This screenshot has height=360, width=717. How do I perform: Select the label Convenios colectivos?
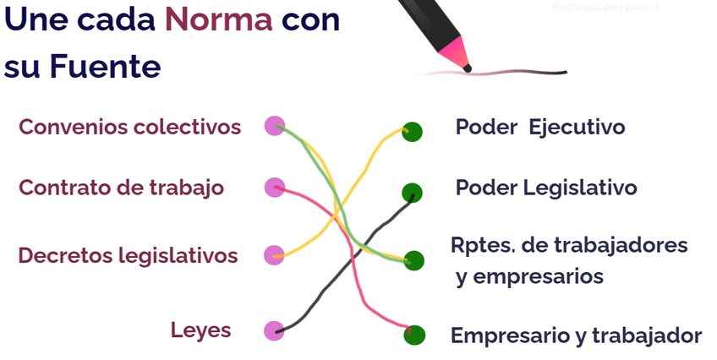click(x=129, y=127)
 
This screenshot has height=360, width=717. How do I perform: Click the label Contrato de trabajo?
click(x=121, y=188)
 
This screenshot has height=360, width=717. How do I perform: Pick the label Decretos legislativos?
click(x=128, y=255)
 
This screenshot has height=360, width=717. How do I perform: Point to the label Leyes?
click(x=200, y=330)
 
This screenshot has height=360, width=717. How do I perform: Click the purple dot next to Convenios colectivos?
click(x=274, y=126)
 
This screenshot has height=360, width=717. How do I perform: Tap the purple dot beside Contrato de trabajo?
click(x=274, y=188)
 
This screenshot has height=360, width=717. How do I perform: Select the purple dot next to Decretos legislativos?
click(x=274, y=254)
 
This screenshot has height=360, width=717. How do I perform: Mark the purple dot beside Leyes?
click(x=274, y=330)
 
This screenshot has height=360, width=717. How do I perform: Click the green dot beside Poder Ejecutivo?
click(x=412, y=132)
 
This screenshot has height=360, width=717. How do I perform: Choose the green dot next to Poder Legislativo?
click(x=412, y=193)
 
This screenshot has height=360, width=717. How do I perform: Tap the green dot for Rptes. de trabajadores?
click(x=413, y=259)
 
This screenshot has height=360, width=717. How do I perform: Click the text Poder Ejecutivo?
click(x=539, y=128)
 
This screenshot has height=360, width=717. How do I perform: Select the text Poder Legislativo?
click(x=545, y=187)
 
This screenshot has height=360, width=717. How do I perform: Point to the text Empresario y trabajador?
click(x=576, y=335)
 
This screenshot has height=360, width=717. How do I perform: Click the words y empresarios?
click(x=529, y=276)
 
